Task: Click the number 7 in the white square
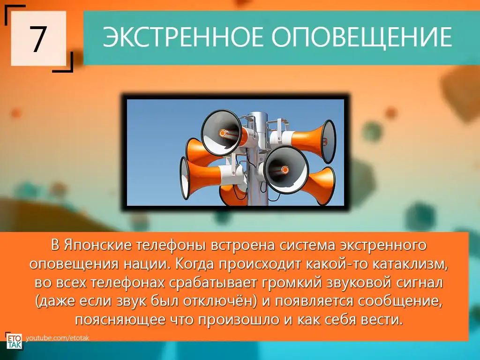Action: point(38,39)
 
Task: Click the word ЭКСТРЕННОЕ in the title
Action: point(183,37)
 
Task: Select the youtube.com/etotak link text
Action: point(58,338)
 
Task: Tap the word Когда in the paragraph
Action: point(195,264)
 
